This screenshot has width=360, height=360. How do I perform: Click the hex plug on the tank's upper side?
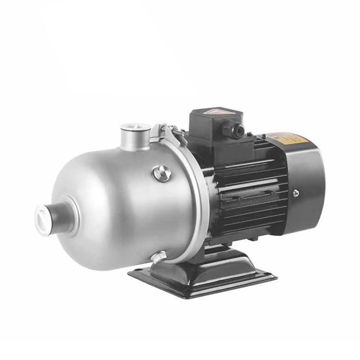coord(162,173)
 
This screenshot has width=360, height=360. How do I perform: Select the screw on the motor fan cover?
coord(296,193)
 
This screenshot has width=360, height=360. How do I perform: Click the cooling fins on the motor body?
coord(252,198)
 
